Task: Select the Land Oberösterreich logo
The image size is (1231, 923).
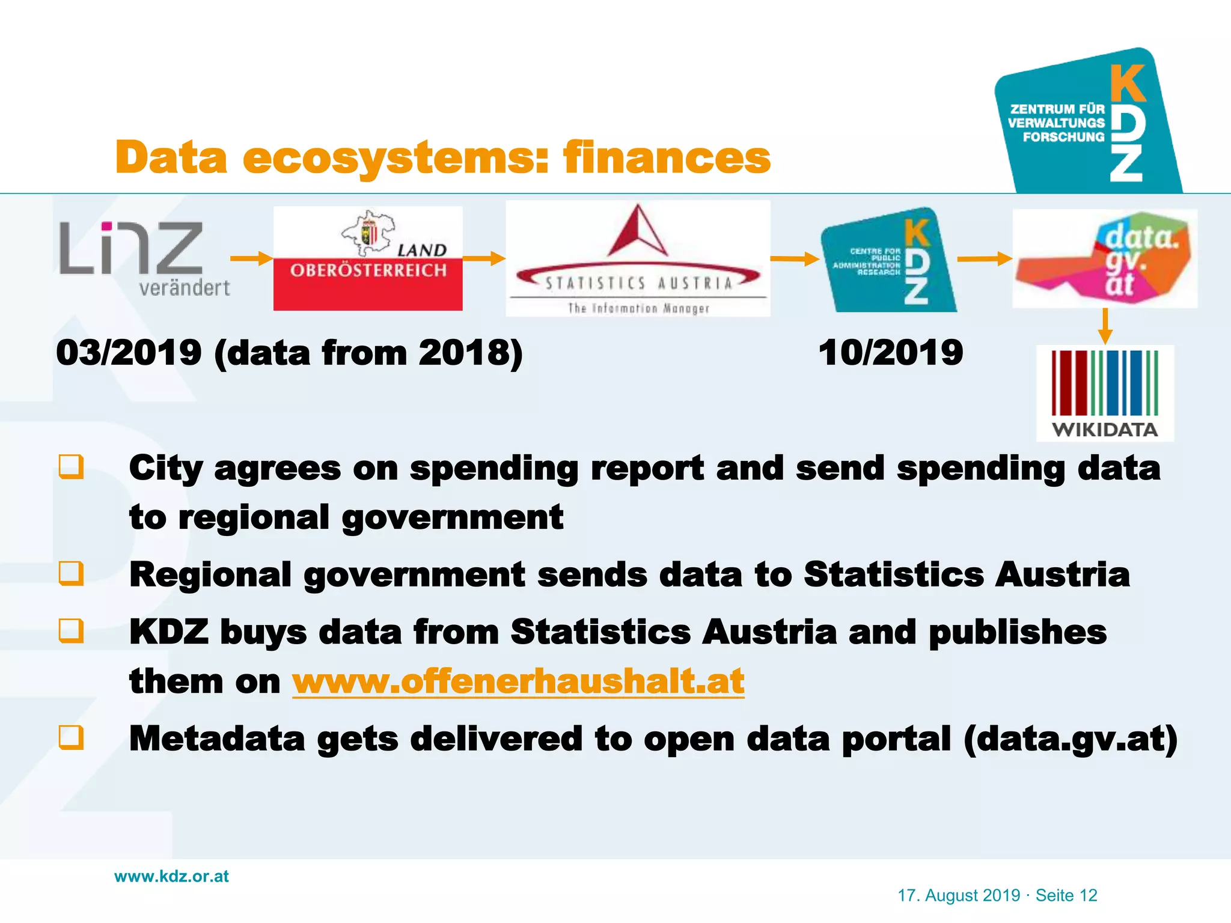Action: pyautogui.click(x=368, y=258)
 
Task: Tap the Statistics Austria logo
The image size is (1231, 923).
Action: pyautogui.click(x=638, y=258)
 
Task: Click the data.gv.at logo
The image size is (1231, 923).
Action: pyautogui.click(x=1105, y=258)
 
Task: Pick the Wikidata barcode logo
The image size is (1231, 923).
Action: pyautogui.click(x=1105, y=393)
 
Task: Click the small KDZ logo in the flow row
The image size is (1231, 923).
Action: pyautogui.click(x=888, y=260)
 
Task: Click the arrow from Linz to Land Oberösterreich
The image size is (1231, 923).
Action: pyautogui.click(x=251, y=258)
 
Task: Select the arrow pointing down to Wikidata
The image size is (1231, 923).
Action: pyautogui.click(x=1105, y=326)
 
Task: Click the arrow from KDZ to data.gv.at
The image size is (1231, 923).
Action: pyautogui.click(x=984, y=259)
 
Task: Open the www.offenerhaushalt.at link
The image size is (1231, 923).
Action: pyautogui.click(x=518, y=681)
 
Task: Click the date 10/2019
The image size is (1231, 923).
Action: pyautogui.click(x=890, y=353)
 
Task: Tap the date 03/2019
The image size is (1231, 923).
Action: pyautogui.click(x=129, y=353)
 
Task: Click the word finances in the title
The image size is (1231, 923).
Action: pyautogui.click(x=667, y=157)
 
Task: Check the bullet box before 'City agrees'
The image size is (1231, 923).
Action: pyautogui.click(x=71, y=467)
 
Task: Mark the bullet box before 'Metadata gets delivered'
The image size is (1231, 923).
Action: pyautogui.click(x=71, y=737)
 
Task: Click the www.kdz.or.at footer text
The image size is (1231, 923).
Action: pyautogui.click(x=171, y=877)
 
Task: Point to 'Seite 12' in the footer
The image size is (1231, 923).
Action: pyautogui.click(x=1066, y=895)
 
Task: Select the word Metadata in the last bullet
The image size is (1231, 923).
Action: pyautogui.click(x=217, y=739)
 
